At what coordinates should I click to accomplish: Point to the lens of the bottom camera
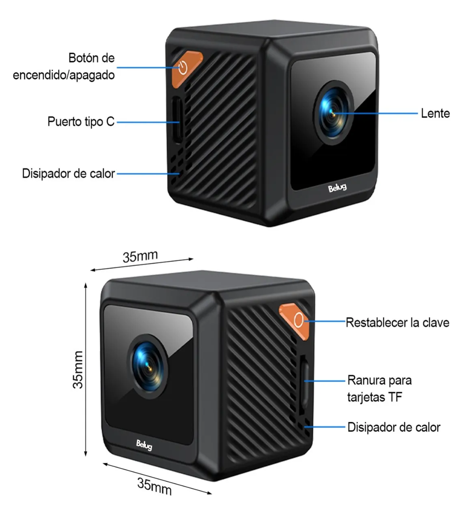147,366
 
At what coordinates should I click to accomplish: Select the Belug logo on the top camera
337,188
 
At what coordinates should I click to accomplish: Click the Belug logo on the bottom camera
144,445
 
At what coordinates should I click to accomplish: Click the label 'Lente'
435,113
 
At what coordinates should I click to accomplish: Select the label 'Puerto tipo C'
81,121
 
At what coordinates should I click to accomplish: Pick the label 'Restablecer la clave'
398,322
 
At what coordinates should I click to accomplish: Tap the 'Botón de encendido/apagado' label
64,66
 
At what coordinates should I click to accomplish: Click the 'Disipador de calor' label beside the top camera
68,173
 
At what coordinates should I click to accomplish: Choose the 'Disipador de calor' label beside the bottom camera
394,427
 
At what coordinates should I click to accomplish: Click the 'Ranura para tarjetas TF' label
379,388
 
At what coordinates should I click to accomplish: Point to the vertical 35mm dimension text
78,370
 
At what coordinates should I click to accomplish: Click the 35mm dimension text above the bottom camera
140,256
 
